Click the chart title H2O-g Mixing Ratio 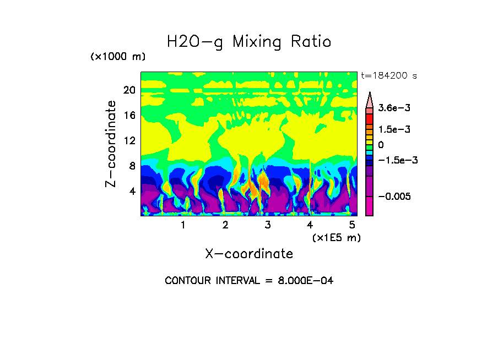tap(249, 42)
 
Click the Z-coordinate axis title tap(111, 143)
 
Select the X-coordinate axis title tap(249, 254)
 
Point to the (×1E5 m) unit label tap(336, 237)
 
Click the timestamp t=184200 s tap(388, 76)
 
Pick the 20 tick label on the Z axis tap(129, 90)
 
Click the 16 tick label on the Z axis tap(129, 116)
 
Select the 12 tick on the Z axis tap(129, 141)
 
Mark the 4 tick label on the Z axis tap(132, 192)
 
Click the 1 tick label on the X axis tap(183, 225)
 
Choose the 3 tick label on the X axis tap(268, 225)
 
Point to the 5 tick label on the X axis tap(353, 225)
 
